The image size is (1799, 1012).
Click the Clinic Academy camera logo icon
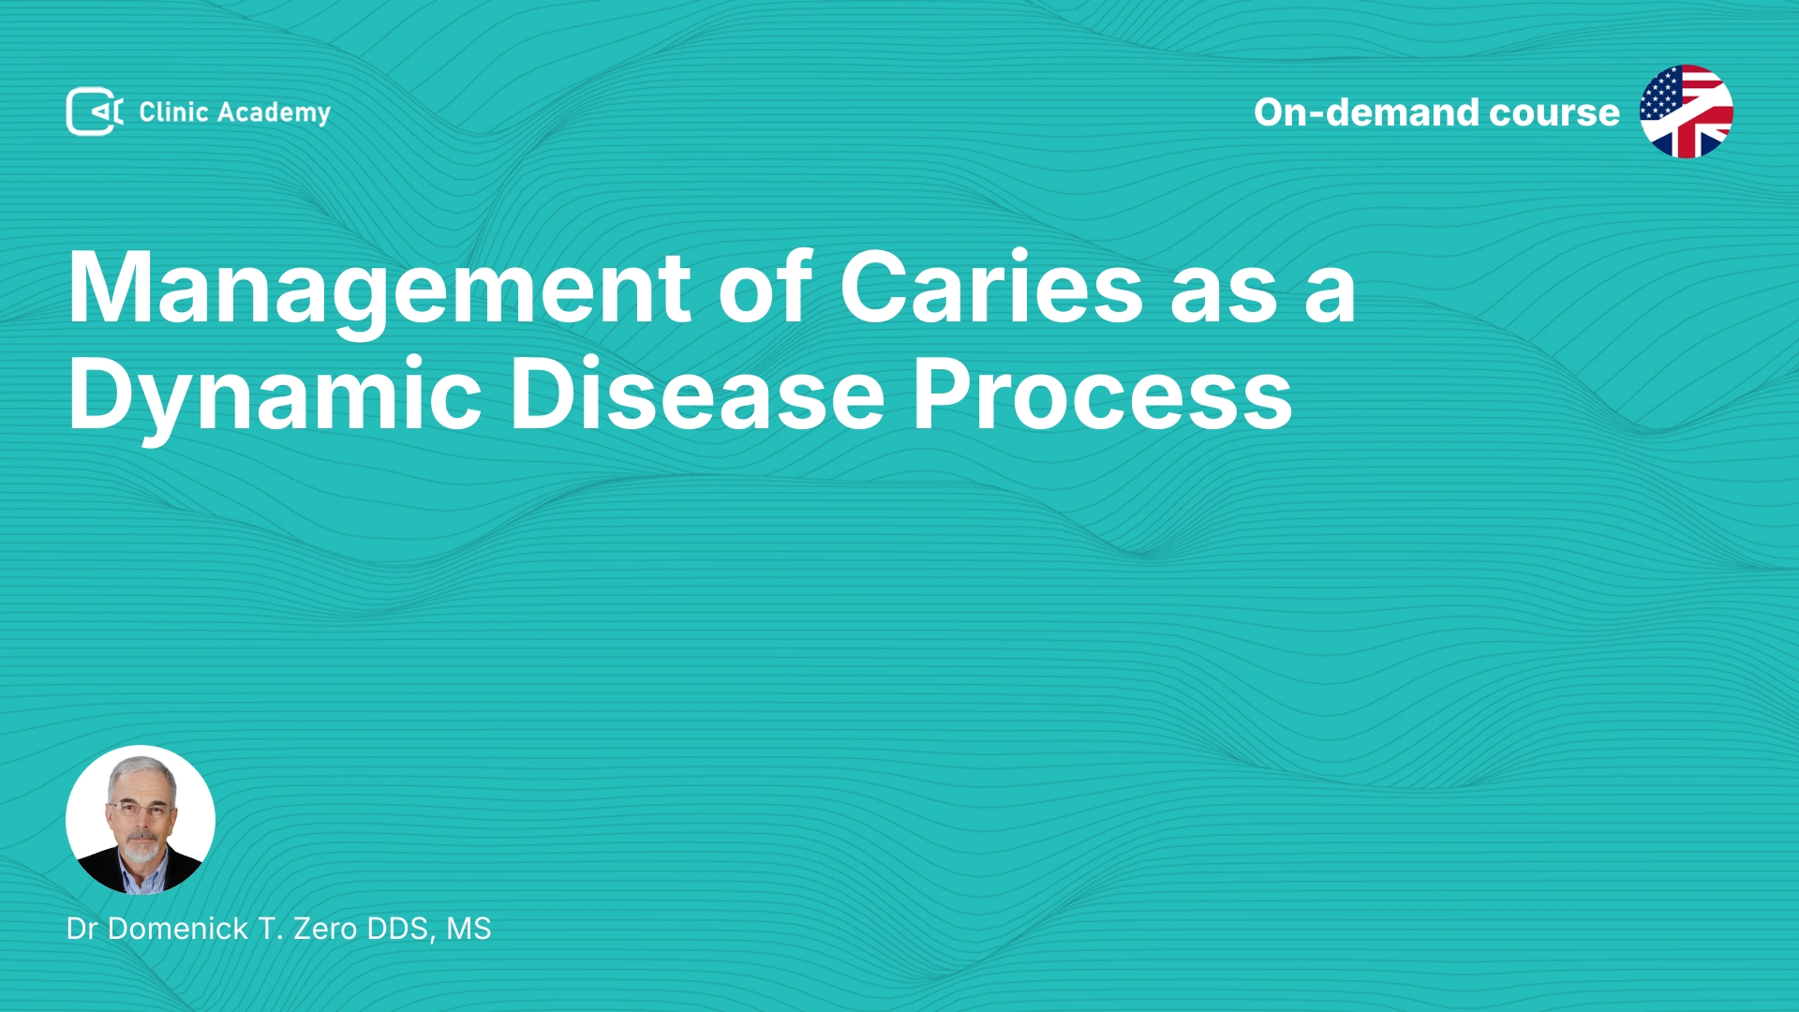coord(95,112)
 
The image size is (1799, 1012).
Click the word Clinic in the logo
coord(173,112)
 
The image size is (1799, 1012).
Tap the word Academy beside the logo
coord(274,113)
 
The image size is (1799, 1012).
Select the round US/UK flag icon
coord(1687,112)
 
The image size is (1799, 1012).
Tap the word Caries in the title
coord(991,287)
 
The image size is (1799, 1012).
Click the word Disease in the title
coord(697,394)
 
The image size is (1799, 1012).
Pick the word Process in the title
coord(1103,394)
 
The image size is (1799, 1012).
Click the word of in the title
coord(766,286)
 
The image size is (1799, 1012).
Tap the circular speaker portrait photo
coord(141,820)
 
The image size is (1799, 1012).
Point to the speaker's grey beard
coord(142,848)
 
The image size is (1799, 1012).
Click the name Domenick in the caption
coord(178,929)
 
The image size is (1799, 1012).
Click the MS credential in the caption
coord(468,929)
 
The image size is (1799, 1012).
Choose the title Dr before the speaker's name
coord(82,929)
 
